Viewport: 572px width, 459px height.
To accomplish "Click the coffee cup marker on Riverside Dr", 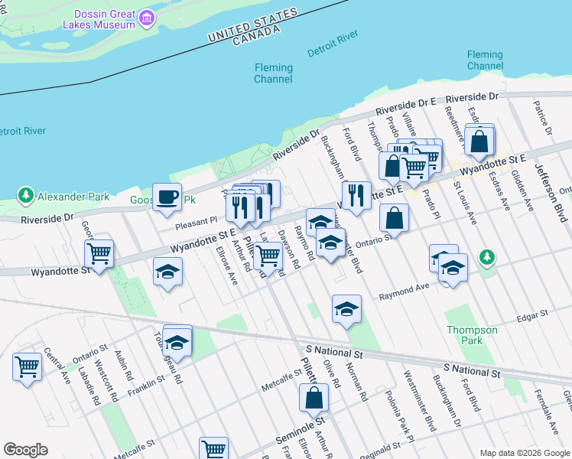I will (x=167, y=198).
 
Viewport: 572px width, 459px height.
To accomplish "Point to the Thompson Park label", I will (x=472, y=335).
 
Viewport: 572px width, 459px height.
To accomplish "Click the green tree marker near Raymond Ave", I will (x=486, y=256).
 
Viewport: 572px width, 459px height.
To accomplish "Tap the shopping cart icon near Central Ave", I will (x=27, y=366).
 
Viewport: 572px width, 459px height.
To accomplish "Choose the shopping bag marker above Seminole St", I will (x=314, y=397).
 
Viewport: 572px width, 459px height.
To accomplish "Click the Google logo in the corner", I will (x=25, y=450).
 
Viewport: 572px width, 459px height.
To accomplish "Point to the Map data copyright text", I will (x=524, y=453).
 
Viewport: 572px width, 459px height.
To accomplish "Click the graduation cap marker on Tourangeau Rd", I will (x=177, y=341).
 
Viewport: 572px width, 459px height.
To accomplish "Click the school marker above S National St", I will (x=346, y=309).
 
